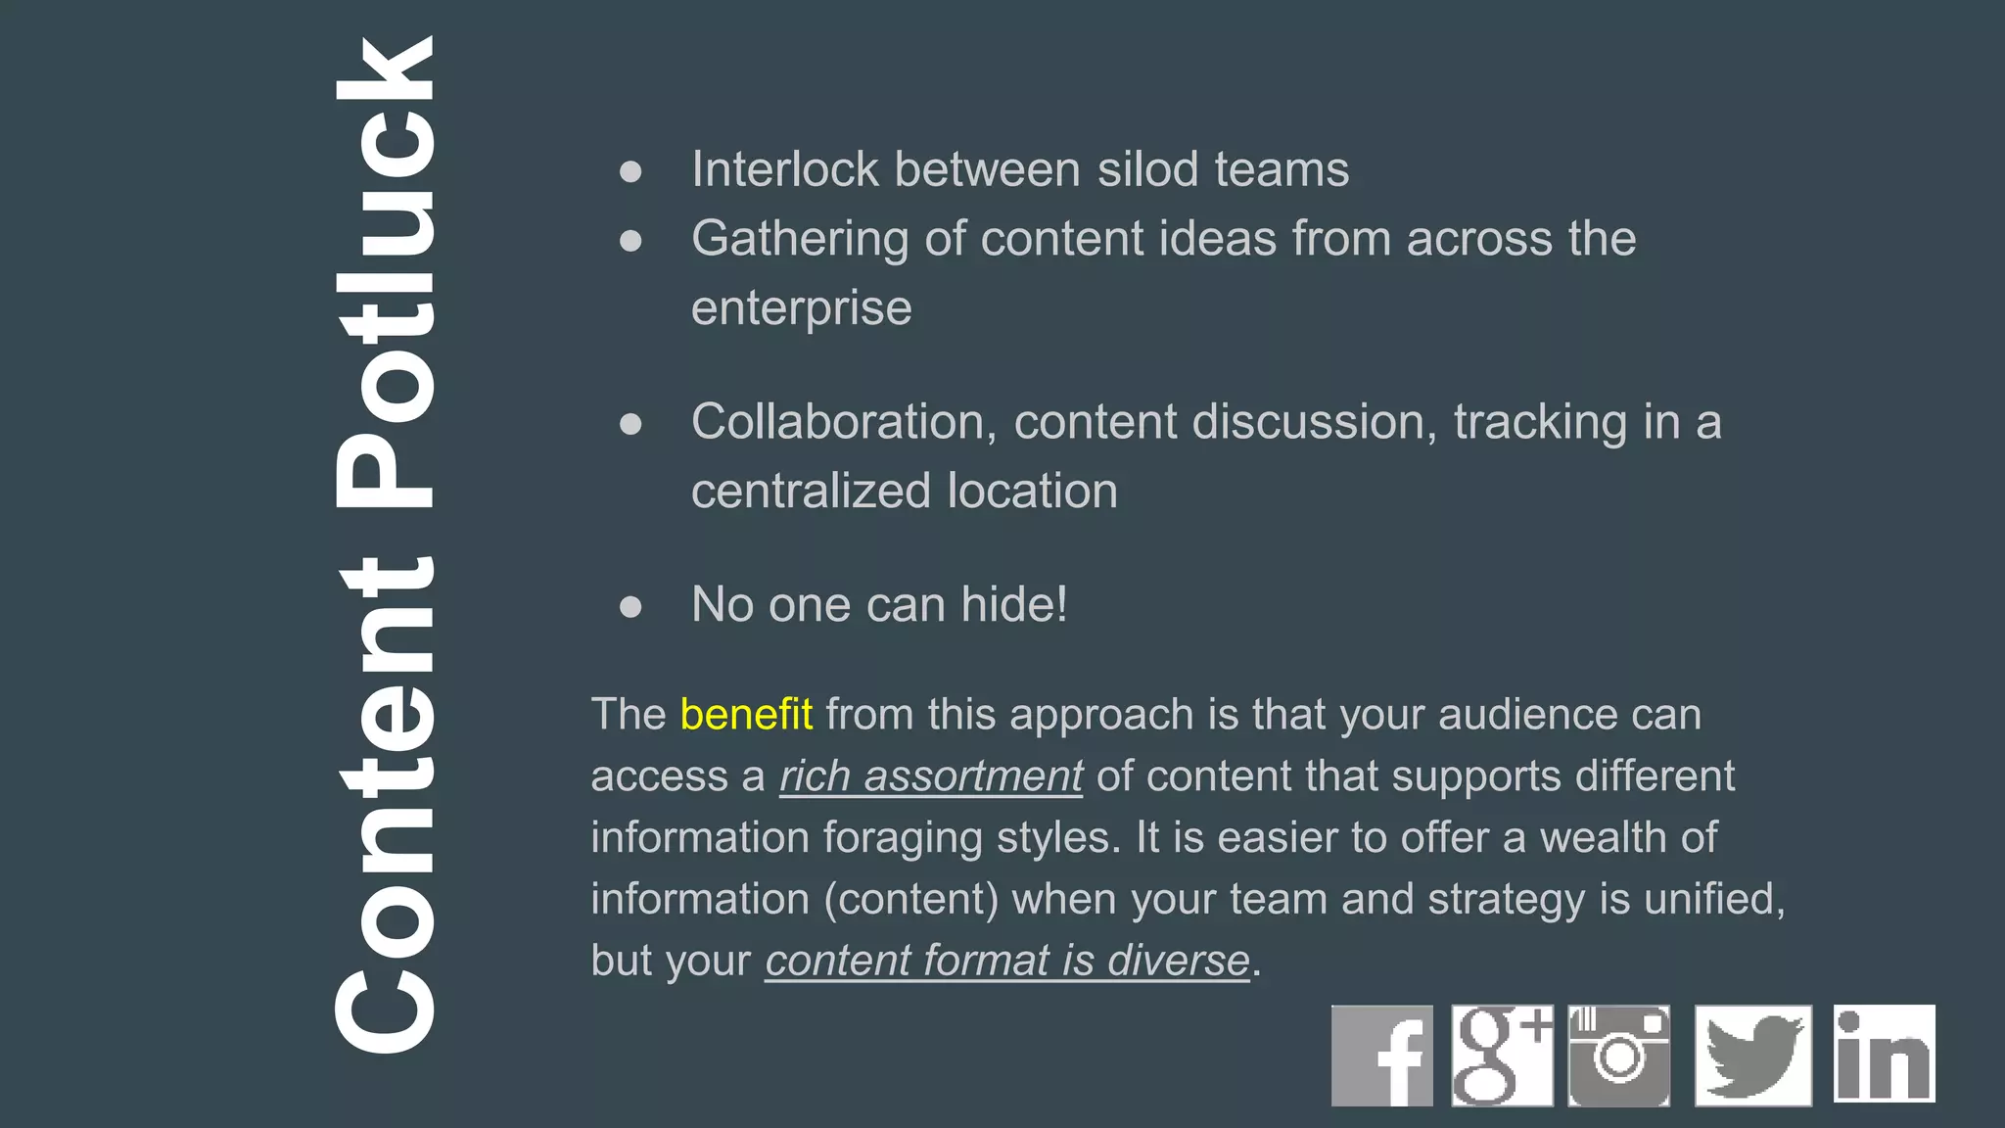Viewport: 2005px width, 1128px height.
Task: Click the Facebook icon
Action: coord(1381,1056)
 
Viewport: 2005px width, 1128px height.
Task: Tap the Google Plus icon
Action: coord(1502,1056)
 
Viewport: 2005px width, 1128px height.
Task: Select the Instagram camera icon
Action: coord(1619,1056)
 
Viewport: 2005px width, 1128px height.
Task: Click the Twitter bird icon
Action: coord(1753,1056)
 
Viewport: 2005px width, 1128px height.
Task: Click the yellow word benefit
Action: coord(746,715)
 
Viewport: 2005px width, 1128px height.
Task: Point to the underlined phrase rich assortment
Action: coord(931,776)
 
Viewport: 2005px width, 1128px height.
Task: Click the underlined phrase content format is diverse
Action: coord(1007,961)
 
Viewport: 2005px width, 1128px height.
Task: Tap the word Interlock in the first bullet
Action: coord(784,169)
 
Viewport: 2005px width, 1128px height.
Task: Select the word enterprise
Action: coord(801,308)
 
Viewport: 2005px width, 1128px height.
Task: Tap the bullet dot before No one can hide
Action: coord(630,607)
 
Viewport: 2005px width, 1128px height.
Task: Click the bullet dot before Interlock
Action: coord(630,172)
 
